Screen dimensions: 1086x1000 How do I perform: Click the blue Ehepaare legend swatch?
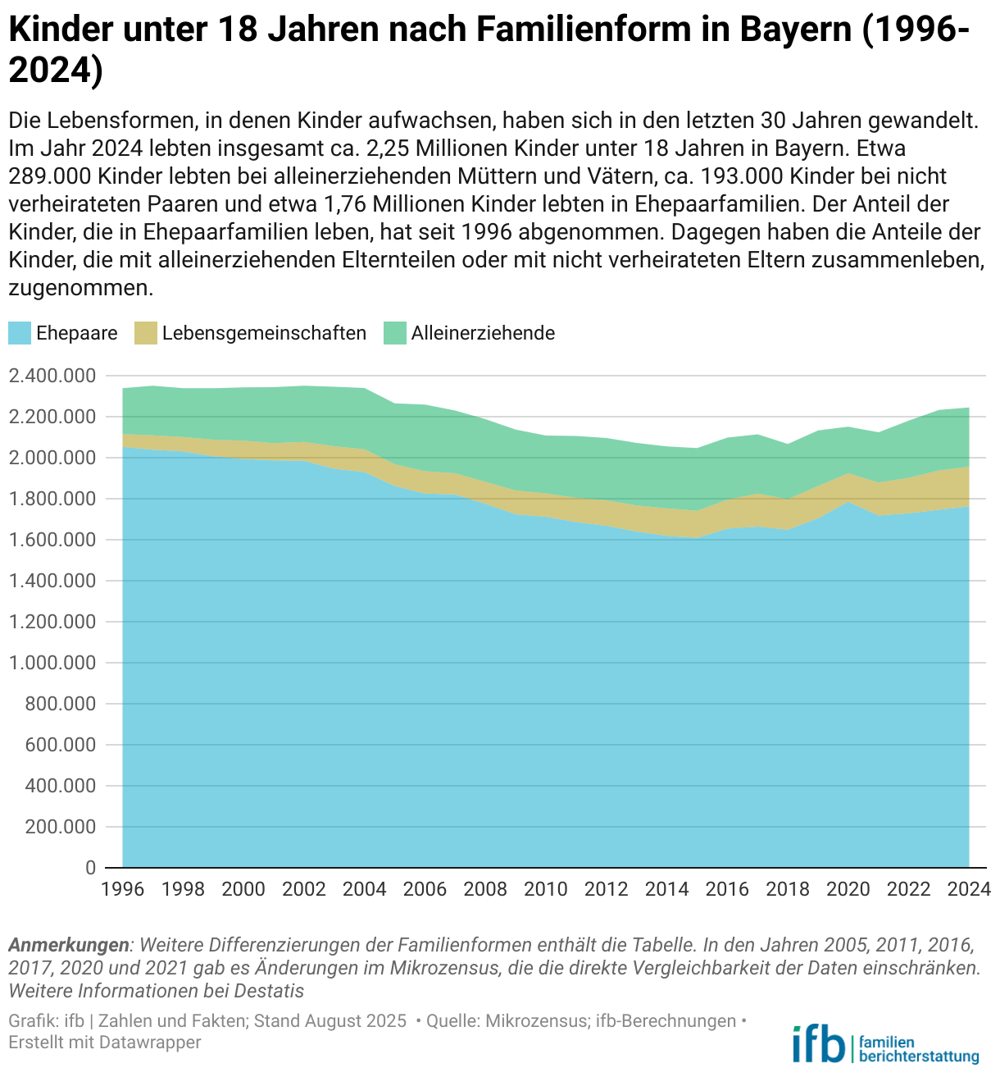[20, 333]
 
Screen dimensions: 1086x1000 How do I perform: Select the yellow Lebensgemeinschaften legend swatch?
[146, 333]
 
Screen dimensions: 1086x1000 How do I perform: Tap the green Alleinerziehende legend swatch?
[395, 333]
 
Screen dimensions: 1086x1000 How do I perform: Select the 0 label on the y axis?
[90, 868]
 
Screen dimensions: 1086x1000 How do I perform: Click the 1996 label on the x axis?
[122, 890]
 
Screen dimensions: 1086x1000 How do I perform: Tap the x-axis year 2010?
[546, 890]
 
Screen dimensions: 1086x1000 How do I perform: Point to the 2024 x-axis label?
[970, 890]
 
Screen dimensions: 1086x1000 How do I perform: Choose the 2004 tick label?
[364, 890]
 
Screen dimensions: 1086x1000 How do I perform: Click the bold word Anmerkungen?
[69, 945]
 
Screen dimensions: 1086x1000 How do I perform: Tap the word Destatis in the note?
[269, 991]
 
